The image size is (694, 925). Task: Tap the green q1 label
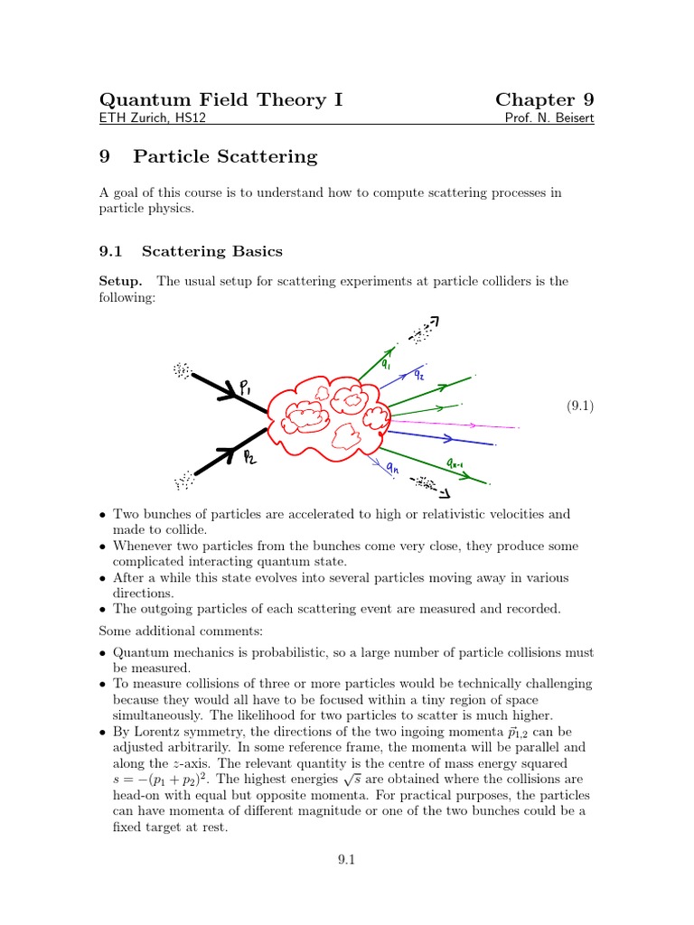pos(386,365)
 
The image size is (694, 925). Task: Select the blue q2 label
pos(419,375)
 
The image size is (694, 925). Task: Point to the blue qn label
pos(392,467)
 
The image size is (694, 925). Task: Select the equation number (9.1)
pos(579,406)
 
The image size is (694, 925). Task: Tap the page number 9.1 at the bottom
pos(347,861)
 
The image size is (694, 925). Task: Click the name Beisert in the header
pos(574,119)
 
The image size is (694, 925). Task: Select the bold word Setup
pos(120,281)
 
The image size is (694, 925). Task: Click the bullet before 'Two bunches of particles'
pos(103,515)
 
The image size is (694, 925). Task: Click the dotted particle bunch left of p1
pos(183,369)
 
